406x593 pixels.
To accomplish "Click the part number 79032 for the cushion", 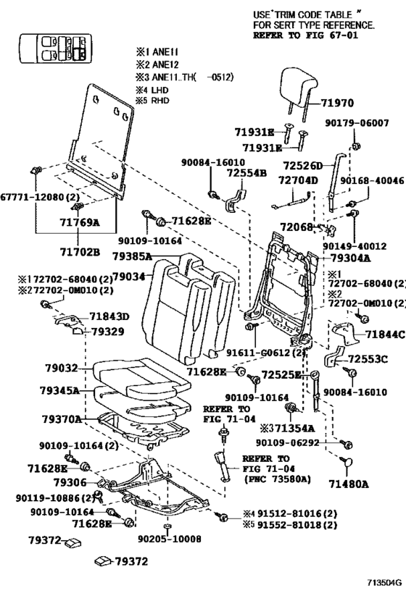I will pos(65,368).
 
